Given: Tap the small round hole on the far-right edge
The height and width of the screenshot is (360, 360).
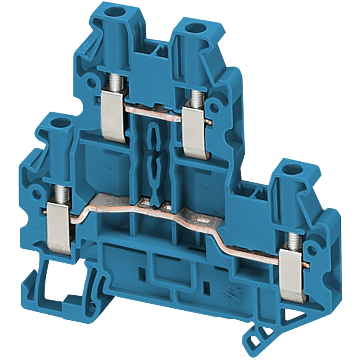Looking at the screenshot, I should pos(311,250).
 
